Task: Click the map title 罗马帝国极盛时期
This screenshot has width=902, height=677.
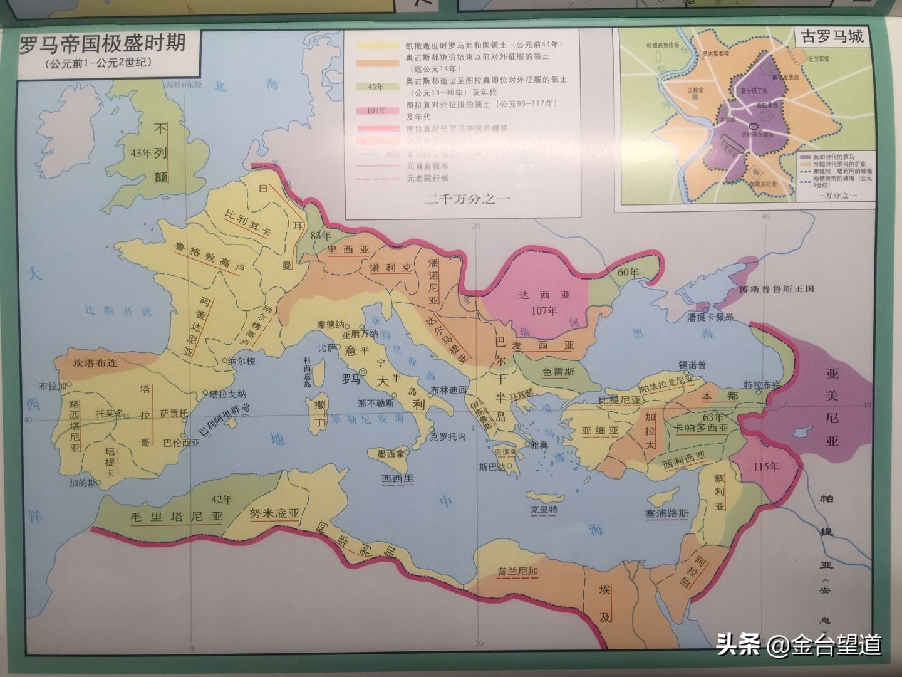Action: pyautogui.click(x=103, y=43)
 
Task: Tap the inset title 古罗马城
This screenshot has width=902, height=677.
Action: pyautogui.click(x=832, y=36)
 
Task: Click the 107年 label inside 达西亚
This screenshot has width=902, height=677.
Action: pyautogui.click(x=543, y=310)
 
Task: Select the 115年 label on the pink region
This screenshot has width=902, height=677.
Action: pyautogui.click(x=766, y=466)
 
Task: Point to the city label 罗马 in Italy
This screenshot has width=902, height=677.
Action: pyautogui.click(x=351, y=379)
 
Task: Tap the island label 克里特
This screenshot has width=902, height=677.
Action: pyautogui.click(x=543, y=510)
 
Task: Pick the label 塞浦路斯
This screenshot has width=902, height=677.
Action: pyautogui.click(x=666, y=513)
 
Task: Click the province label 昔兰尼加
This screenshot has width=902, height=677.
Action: pyautogui.click(x=517, y=572)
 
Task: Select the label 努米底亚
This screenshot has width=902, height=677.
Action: pyautogui.click(x=274, y=513)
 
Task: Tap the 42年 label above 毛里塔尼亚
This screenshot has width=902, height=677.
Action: pyautogui.click(x=222, y=500)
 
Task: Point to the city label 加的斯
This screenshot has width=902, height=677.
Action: pyautogui.click(x=83, y=483)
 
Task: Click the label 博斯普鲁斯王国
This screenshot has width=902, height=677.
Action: pyautogui.click(x=776, y=289)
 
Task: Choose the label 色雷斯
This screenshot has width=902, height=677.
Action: pyautogui.click(x=557, y=372)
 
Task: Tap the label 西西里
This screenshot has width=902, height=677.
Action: pyautogui.click(x=398, y=478)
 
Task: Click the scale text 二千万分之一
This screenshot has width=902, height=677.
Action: pyautogui.click(x=468, y=199)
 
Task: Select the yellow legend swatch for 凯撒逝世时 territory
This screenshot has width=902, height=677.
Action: pyautogui.click(x=376, y=46)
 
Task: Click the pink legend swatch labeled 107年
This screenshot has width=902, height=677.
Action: pyautogui.click(x=376, y=111)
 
